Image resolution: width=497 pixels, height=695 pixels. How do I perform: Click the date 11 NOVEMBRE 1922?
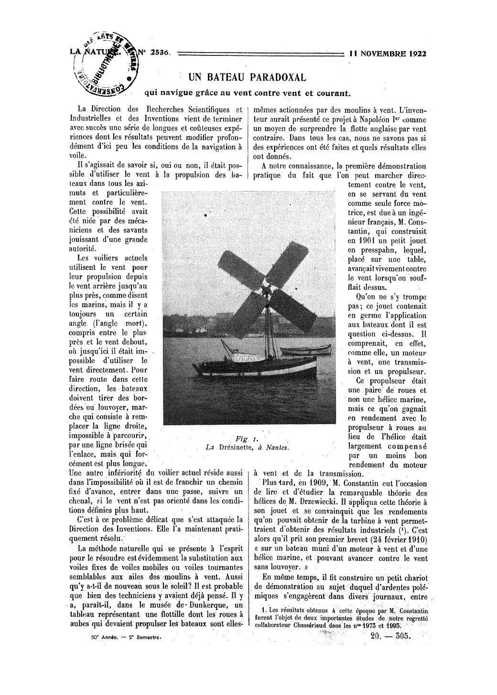click(x=388, y=53)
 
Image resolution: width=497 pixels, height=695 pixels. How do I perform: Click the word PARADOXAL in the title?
click(x=278, y=77)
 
